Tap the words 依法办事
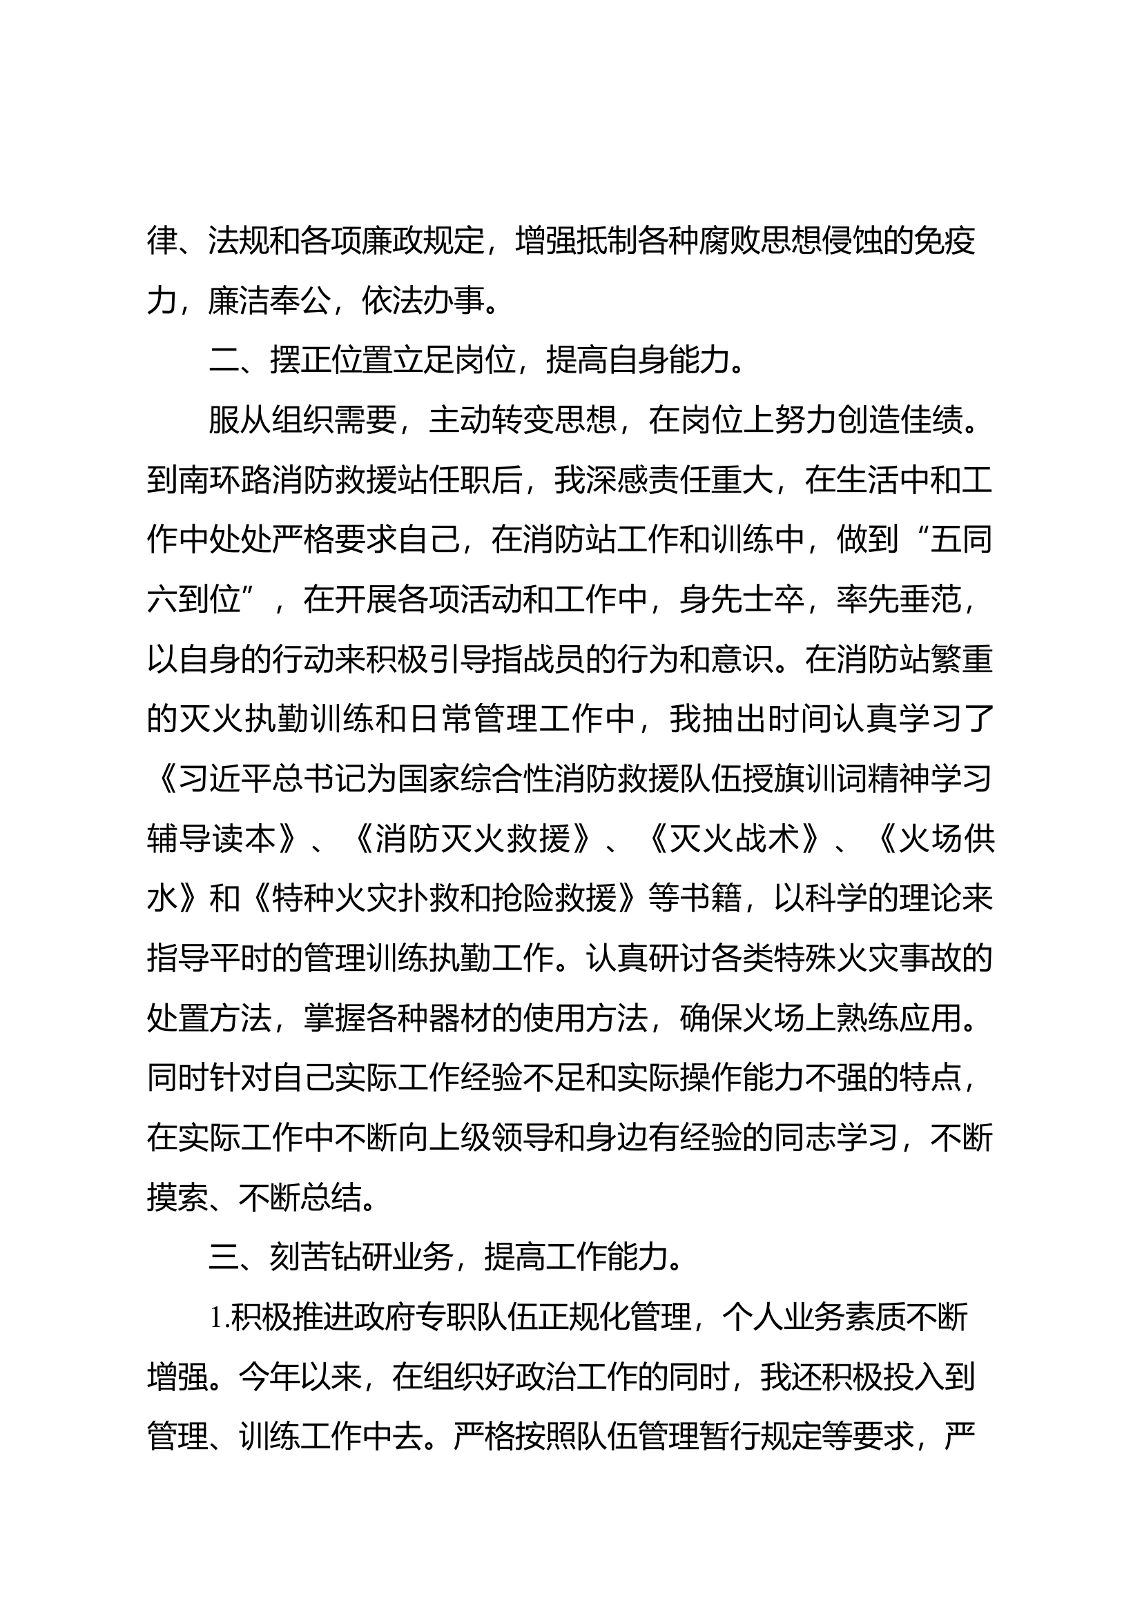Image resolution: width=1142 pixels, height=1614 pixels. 423,301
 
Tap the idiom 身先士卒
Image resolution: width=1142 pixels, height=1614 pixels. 742,600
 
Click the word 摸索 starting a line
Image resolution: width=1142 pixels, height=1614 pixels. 178,1199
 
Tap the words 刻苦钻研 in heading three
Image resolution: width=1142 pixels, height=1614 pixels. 331,1259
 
